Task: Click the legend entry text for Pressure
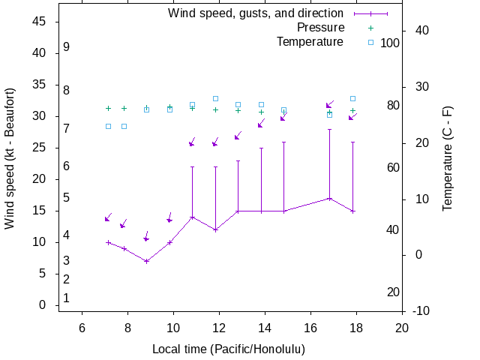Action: click(320, 28)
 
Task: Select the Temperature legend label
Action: click(310, 42)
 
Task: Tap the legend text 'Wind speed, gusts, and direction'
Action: click(256, 13)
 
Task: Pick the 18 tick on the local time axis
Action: click(356, 328)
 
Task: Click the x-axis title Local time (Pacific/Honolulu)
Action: click(229, 349)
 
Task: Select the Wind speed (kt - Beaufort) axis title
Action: click(10, 157)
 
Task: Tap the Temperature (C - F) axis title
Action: click(448, 157)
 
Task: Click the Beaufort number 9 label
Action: click(67, 47)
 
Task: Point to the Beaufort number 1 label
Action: click(67, 298)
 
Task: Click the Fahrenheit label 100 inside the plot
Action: click(390, 43)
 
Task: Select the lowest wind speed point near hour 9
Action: click(146, 261)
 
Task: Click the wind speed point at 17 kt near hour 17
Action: click(329, 198)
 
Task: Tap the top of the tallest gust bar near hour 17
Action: click(329, 129)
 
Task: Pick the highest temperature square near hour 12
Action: click(215, 98)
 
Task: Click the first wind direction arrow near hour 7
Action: click(108, 217)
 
